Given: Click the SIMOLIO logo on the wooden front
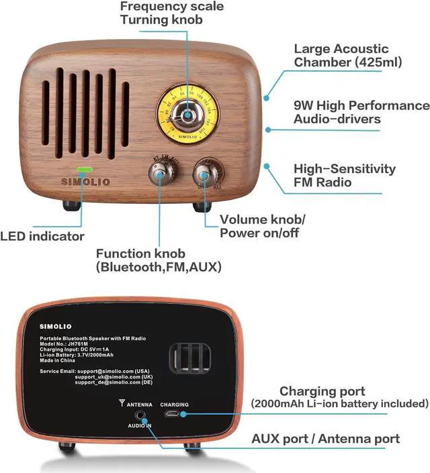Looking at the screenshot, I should click(85, 182).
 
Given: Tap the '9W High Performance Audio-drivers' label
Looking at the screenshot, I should click(361, 112).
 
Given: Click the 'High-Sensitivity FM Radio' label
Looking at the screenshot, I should click(344, 175).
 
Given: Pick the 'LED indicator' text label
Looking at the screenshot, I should click(42, 236).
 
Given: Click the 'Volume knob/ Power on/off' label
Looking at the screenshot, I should click(262, 226).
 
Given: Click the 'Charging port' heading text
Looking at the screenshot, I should click(322, 391).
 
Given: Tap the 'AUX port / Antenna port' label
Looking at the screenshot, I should click(326, 439).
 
